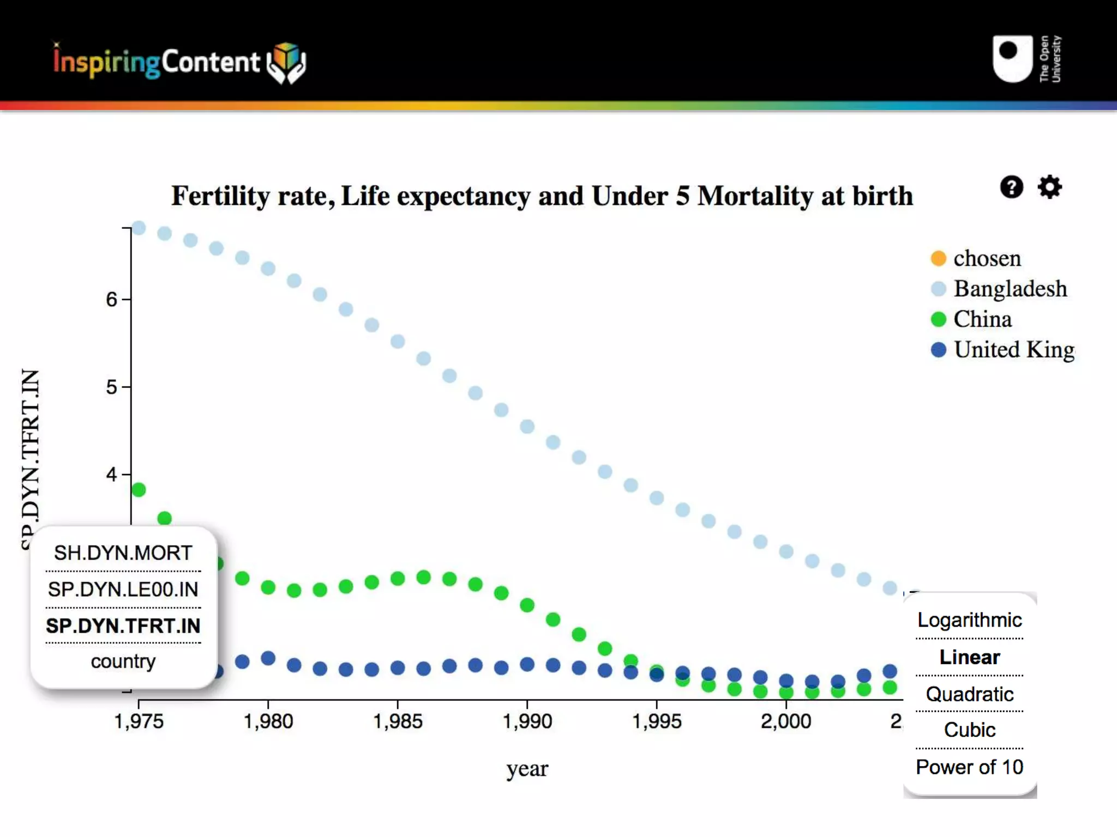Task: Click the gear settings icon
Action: click(1049, 187)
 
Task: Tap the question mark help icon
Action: click(1011, 187)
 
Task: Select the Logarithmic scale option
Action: click(969, 620)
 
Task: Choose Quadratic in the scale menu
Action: click(969, 694)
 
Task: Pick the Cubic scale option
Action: click(969, 730)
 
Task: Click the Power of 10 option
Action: click(969, 767)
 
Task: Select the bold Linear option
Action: click(969, 657)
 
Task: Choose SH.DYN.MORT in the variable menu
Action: click(123, 553)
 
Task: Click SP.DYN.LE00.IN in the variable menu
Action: click(123, 590)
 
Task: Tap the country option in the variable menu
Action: click(123, 662)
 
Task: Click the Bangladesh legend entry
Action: click(1010, 289)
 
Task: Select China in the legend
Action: click(982, 319)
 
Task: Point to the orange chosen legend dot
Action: click(938, 258)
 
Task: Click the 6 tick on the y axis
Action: click(112, 299)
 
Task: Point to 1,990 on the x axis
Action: click(527, 721)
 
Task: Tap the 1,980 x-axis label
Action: click(268, 721)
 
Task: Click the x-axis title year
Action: click(527, 769)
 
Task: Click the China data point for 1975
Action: click(139, 490)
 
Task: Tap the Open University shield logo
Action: click(1012, 59)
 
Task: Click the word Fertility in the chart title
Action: click(220, 196)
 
